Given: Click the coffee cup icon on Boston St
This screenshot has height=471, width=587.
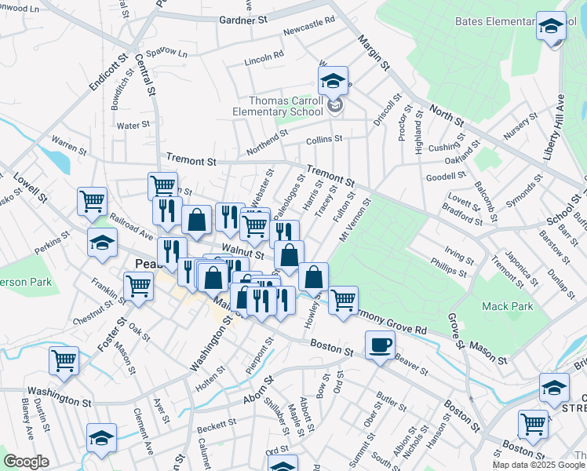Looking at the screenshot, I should click(x=381, y=345).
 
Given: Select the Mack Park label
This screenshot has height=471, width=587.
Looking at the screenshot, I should click(x=502, y=305).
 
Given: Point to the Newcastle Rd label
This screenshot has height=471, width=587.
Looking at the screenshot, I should click(x=304, y=27).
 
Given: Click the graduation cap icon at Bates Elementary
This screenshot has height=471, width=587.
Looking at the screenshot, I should click(x=551, y=27).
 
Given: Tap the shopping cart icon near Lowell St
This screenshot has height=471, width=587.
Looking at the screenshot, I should click(x=93, y=201).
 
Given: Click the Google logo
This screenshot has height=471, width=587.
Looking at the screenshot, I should click(x=26, y=462).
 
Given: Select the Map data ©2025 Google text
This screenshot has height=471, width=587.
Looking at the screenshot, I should click(x=538, y=465).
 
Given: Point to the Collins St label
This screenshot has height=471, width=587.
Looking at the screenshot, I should click(x=324, y=140).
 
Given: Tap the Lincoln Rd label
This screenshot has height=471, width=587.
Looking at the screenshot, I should click(x=264, y=57).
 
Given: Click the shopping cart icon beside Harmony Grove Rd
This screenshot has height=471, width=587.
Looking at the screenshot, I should click(x=343, y=299).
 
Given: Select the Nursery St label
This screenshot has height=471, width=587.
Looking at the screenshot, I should click(x=520, y=126).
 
